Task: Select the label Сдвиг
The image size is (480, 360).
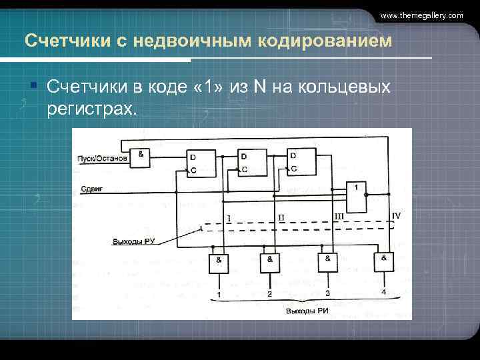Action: click(x=91, y=189)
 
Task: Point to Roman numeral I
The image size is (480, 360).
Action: click(x=229, y=218)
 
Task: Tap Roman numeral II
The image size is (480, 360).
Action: click(x=281, y=218)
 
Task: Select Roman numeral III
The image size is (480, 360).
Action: click(x=339, y=217)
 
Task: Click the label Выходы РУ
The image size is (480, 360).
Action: click(x=133, y=241)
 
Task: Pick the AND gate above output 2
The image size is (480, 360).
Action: click(x=269, y=263)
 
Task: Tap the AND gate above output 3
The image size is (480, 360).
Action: click(x=328, y=262)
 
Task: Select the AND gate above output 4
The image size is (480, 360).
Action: click(x=384, y=261)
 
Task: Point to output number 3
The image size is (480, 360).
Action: click(x=327, y=293)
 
